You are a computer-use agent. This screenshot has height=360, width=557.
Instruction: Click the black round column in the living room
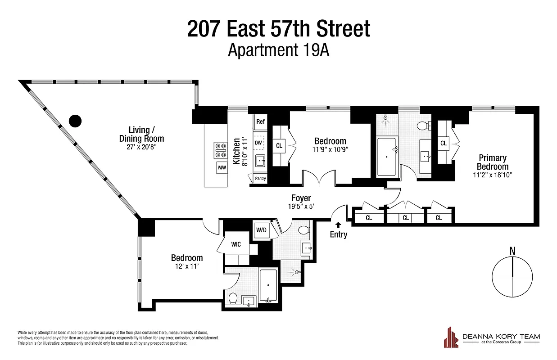(75, 120)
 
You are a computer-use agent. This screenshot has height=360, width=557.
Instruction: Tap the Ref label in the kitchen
(260, 121)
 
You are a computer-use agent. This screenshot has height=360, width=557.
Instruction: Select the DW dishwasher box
(258, 143)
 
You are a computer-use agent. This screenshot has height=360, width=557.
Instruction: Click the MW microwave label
(222, 168)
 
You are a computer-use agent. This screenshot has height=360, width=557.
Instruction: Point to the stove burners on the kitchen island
(222, 151)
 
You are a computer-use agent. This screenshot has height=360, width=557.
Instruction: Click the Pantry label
(260, 179)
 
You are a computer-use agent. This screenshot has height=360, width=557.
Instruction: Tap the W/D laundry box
(261, 230)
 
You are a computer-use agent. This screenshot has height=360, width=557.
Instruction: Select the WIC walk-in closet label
(235, 244)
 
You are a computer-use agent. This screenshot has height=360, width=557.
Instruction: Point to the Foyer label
(301, 198)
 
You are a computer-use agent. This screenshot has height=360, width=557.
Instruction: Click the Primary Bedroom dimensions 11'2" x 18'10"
(493, 175)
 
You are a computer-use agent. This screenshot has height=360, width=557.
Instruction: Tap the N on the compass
(512, 251)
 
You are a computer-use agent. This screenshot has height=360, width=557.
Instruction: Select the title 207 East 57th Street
(278, 29)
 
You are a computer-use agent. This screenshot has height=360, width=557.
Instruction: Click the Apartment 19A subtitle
(278, 49)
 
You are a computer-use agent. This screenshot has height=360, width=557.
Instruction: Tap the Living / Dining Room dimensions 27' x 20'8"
(141, 147)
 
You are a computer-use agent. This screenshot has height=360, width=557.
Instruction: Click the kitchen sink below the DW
(260, 160)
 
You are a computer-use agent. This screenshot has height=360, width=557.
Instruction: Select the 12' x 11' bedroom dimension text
(186, 266)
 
